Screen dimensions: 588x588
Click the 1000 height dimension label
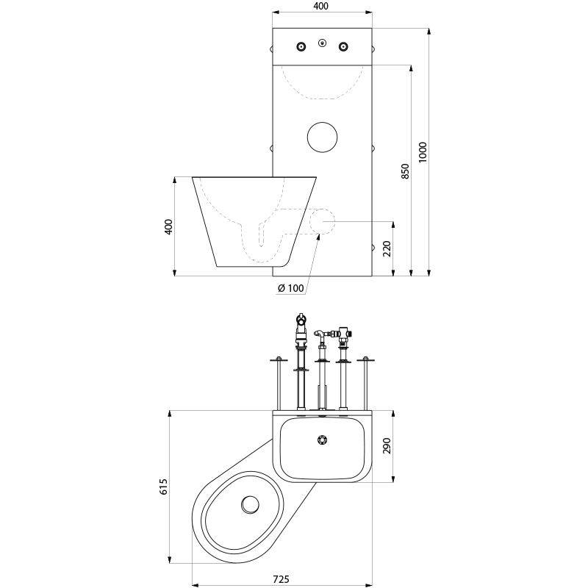[423, 151]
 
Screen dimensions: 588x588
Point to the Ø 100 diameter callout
[291, 288]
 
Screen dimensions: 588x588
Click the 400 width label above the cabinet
[320, 6]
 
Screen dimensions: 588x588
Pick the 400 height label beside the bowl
[168, 226]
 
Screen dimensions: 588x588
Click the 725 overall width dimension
[280, 579]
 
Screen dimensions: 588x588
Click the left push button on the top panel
[301, 47]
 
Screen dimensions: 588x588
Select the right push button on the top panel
[343, 47]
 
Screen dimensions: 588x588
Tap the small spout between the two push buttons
[322, 43]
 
